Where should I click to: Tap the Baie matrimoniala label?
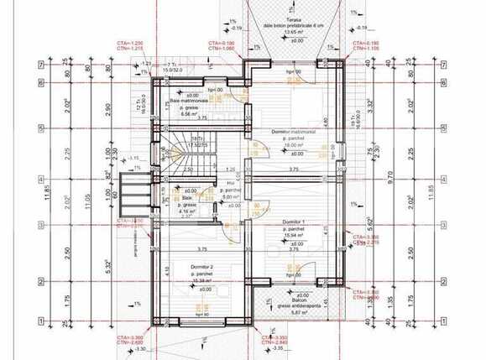(x=187, y=101)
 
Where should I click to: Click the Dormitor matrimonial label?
(x=293, y=133)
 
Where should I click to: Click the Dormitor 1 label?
(x=292, y=222)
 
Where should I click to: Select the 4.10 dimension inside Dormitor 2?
(x=168, y=270)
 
